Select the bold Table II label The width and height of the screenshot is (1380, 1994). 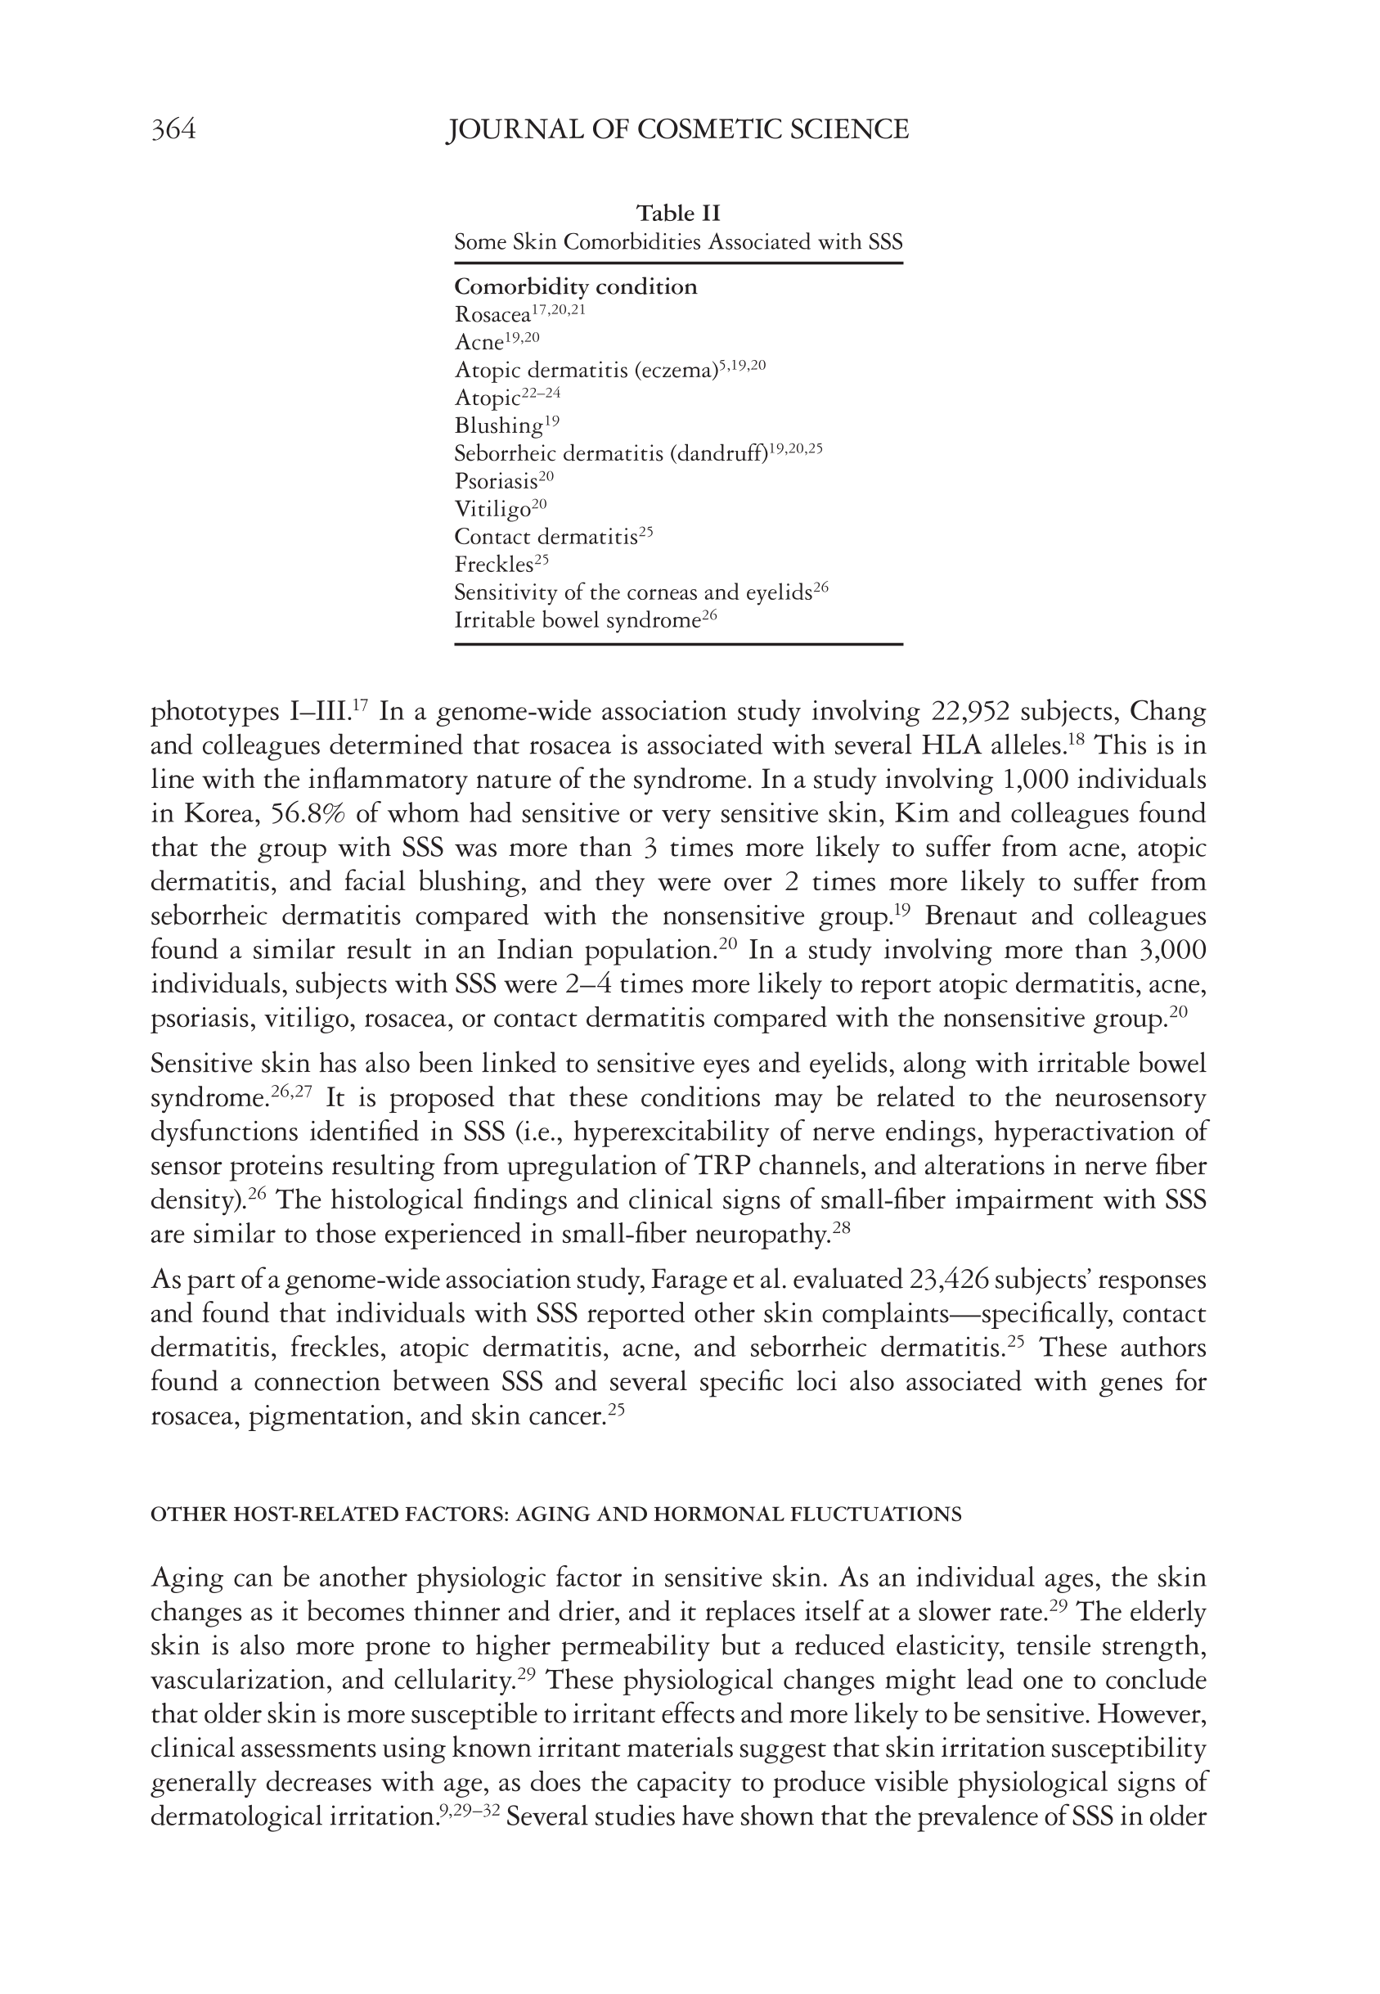point(678,213)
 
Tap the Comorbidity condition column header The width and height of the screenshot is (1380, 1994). point(575,286)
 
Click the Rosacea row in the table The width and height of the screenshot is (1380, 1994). point(492,316)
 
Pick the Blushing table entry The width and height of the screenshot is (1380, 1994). point(498,426)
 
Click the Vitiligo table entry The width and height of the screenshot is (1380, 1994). point(492,509)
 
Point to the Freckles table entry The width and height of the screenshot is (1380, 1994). point(494,565)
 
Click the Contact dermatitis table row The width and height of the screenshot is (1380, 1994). point(546,537)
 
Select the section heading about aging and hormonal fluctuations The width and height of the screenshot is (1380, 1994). point(556,1514)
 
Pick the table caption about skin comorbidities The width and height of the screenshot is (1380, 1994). point(678,242)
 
